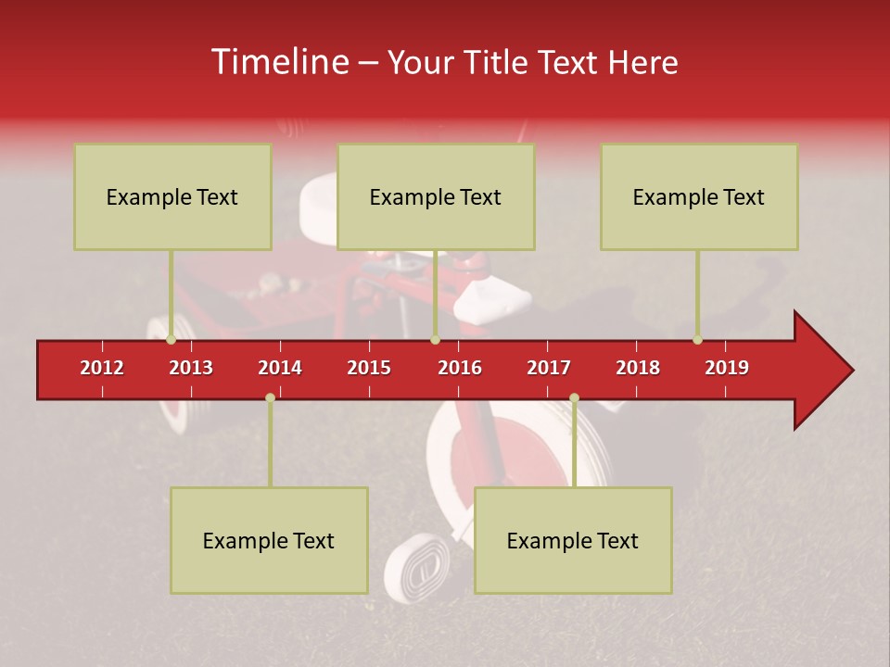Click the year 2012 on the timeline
click(x=102, y=368)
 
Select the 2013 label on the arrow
click(x=191, y=368)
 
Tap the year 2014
click(x=280, y=368)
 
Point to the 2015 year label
click(x=369, y=368)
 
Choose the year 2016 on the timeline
click(x=460, y=368)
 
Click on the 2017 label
click(x=549, y=368)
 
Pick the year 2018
click(x=638, y=368)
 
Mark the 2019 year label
click(x=727, y=368)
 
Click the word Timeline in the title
click(x=279, y=62)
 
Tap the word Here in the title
click(x=642, y=62)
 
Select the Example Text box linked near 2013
click(x=172, y=196)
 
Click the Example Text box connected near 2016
click(x=436, y=196)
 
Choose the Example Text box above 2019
click(x=699, y=196)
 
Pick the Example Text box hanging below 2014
click(x=269, y=540)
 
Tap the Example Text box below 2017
click(x=573, y=540)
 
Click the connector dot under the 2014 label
click(x=270, y=397)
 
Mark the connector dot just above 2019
click(x=697, y=340)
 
